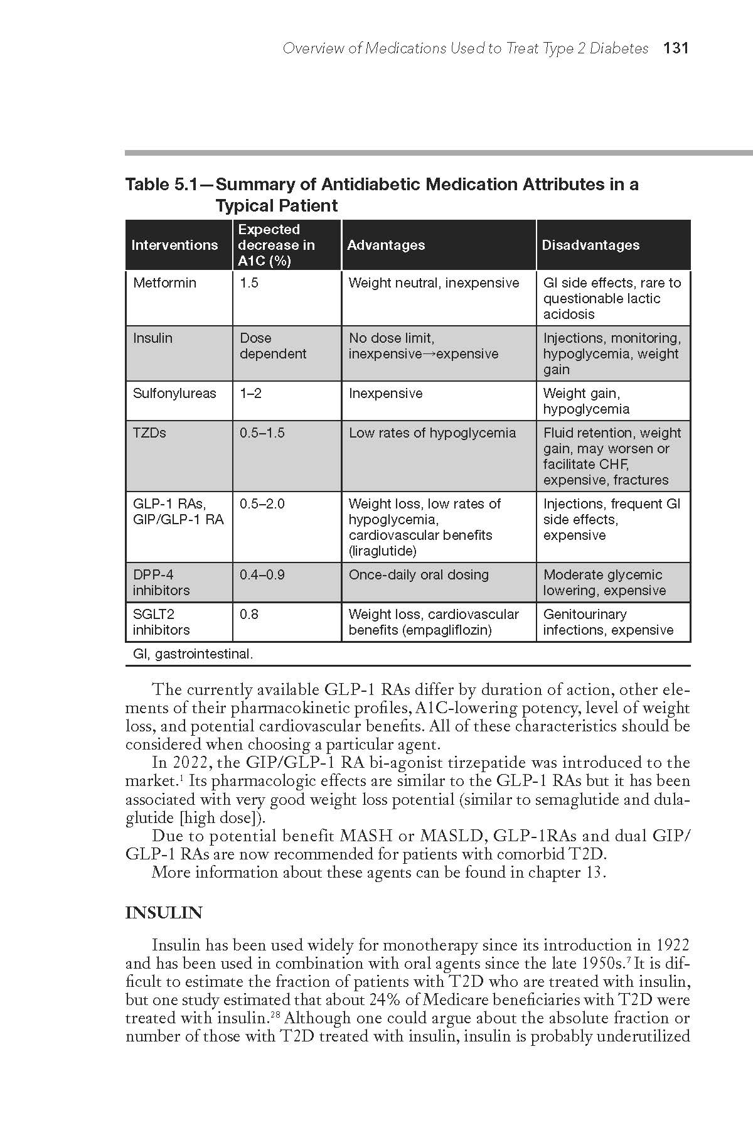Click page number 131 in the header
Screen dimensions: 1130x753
pyautogui.click(x=676, y=48)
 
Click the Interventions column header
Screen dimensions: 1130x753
pyautogui.click(x=174, y=245)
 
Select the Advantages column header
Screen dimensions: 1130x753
pyautogui.click(x=385, y=245)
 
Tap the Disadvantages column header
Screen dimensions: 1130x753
pyautogui.click(x=590, y=245)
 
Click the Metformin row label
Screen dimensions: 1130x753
pyautogui.click(x=164, y=282)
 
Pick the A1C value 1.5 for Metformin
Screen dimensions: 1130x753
pyautogui.click(x=248, y=282)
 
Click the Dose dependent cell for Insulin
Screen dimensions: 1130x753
pyautogui.click(x=272, y=346)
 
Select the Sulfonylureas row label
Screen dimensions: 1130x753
pyautogui.click(x=174, y=394)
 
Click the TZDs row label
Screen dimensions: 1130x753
pyautogui.click(x=149, y=433)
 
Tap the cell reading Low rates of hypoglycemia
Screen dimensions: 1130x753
pyautogui.click(x=432, y=433)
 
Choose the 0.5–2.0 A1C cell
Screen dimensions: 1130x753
pyautogui.click(x=262, y=504)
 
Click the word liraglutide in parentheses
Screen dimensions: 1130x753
pyautogui.click(x=382, y=551)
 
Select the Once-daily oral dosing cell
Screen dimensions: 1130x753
pyautogui.click(x=418, y=575)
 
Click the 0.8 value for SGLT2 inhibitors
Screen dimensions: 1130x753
pyautogui.click(x=248, y=615)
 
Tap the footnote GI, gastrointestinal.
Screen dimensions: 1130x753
pyautogui.click(x=193, y=654)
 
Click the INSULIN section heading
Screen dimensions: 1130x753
pyautogui.click(x=164, y=913)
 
